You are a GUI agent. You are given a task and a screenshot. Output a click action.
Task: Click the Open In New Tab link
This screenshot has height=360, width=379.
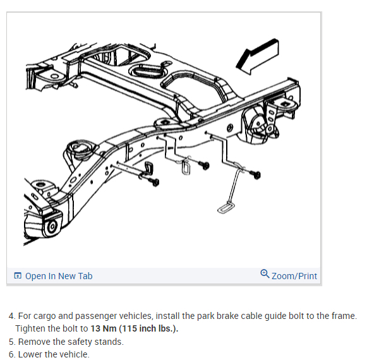click(x=59, y=276)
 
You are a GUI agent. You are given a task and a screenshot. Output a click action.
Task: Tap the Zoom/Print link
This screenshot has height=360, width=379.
click(x=294, y=276)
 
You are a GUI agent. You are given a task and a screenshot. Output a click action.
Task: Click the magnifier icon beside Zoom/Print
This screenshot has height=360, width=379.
click(x=265, y=274)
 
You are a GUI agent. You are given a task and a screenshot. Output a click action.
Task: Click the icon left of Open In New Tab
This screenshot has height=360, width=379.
click(x=18, y=276)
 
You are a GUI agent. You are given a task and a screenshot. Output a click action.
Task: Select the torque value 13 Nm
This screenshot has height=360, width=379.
click(x=104, y=328)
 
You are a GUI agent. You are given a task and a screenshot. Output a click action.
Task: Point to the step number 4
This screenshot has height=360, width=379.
click(x=11, y=316)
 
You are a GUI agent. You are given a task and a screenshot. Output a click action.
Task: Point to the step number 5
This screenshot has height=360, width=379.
click(x=11, y=342)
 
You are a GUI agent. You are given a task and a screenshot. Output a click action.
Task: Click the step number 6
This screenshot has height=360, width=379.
click(x=11, y=354)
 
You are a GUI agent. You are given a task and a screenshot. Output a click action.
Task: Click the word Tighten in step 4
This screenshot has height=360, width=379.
click(x=33, y=328)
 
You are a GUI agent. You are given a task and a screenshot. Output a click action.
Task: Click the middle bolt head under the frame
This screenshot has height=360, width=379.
click(x=204, y=165)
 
